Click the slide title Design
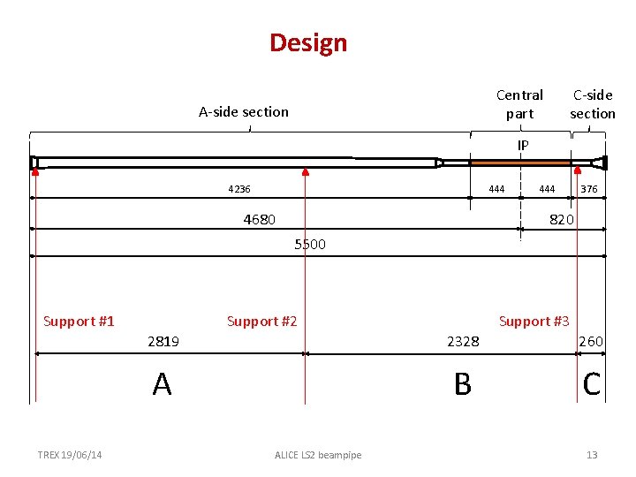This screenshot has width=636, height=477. (x=308, y=43)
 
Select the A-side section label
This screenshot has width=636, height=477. (x=243, y=111)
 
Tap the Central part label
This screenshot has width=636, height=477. (x=519, y=104)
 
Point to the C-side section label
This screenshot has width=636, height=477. (x=592, y=104)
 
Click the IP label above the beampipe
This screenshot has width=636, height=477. (x=523, y=145)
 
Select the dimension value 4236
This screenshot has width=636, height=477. (x=238, y=189)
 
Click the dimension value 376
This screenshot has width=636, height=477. (x=589, y=189)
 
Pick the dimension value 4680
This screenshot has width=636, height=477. (x=259, y=219)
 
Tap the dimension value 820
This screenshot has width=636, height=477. (x=562, y=219)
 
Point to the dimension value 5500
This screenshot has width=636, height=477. (x=309, y=245)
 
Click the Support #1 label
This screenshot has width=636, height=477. (x=79, y=322)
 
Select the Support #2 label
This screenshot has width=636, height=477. (x=261, y=322)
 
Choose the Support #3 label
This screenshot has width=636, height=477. (x=534, y=322)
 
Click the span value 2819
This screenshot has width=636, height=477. (x=163, y=342)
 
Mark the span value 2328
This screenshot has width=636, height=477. (x=463, y=342)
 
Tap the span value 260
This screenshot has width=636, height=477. (x=591, y=342)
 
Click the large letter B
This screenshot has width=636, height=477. (x=462, y=384)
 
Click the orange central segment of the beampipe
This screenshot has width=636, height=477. (x=520, y=163)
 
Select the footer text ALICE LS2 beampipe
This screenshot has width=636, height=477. (x=318, y=455)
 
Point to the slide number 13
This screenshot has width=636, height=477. (x=592, y=455)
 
